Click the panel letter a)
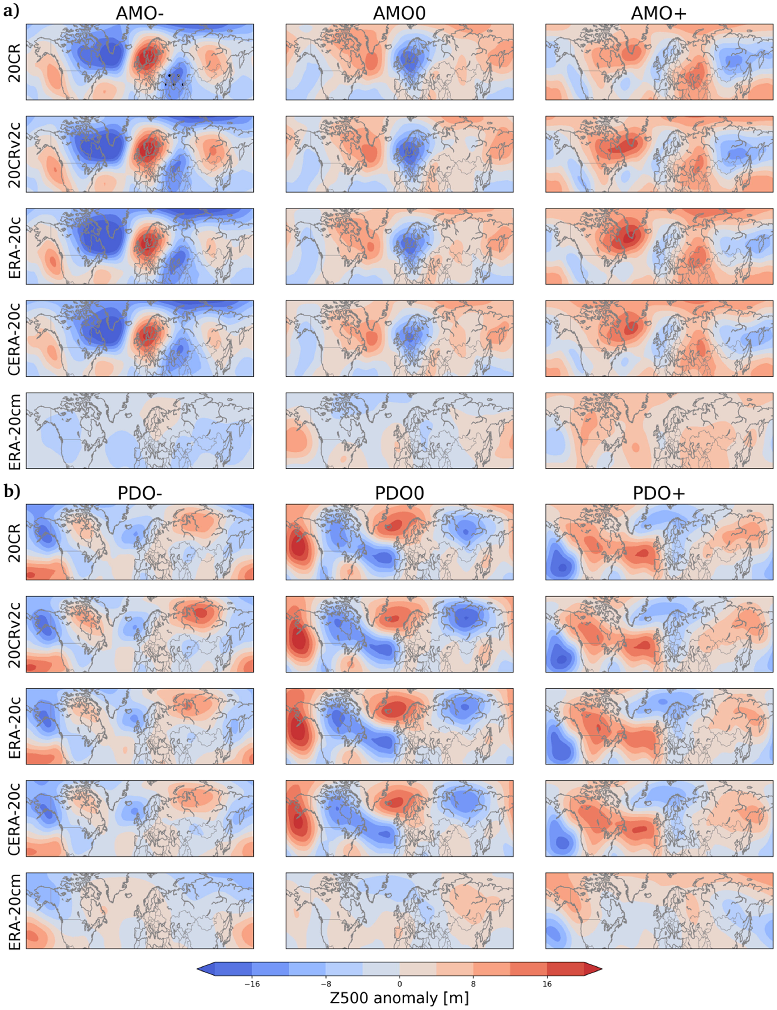pos(12,12)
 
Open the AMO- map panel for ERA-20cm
pos(139,431)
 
